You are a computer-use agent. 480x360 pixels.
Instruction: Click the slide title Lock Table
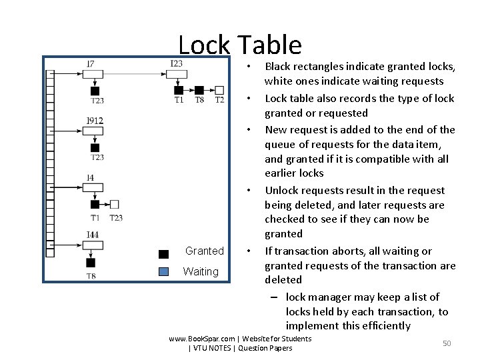240,45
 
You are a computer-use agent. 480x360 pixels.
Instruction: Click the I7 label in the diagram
91,63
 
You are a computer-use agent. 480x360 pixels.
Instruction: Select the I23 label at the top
176,63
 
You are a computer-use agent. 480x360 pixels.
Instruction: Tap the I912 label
95,121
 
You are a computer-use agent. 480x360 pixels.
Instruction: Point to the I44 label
92,235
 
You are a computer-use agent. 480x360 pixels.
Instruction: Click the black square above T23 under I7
95,91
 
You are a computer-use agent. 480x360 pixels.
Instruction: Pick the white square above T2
219,90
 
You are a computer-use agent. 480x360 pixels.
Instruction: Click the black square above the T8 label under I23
199,90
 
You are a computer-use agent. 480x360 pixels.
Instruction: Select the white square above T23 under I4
115,204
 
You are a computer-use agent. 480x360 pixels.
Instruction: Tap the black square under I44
91,263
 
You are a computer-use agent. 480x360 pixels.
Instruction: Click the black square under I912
95,147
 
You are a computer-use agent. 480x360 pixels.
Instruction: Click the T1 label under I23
179,100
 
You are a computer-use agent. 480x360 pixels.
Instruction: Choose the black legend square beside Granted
164,253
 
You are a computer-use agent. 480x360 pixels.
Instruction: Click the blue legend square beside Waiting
164,271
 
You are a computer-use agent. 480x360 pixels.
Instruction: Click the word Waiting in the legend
201,271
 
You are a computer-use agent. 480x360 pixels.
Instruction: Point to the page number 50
447,343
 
